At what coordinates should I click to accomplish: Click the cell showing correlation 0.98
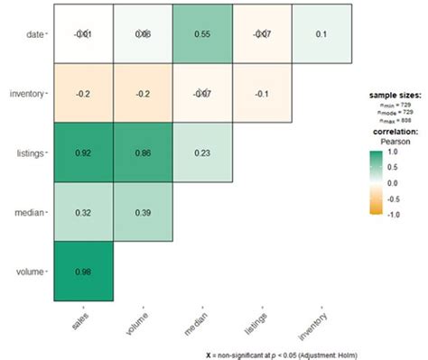pos(82,272)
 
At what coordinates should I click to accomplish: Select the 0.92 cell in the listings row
pos(82,153)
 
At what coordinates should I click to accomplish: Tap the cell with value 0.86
pos(142,153)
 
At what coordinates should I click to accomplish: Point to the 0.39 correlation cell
pos(142,212)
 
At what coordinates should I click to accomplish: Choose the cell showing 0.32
pos(82,212)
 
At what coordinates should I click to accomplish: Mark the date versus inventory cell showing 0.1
pos(321,34)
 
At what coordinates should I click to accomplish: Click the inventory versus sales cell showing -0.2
pos(82,94)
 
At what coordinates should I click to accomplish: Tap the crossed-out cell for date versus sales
pos(82,34)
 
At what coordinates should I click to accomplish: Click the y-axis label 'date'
pos(33,34)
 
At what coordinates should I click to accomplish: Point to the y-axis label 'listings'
pos(31,153)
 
